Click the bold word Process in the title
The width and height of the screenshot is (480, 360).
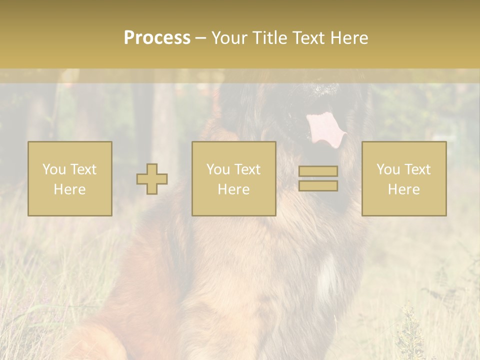(x=157, y=38)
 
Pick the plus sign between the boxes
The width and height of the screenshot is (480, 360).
(x=152, y=179)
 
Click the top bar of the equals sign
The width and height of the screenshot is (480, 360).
(x=318, y=171)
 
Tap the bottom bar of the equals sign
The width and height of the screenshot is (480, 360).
(x=318, y=186)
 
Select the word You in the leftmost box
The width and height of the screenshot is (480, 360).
(x=53, y=169)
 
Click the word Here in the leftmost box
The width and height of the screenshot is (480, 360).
(x=69, y=189)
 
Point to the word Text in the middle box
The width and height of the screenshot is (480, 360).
(x=247, y=169)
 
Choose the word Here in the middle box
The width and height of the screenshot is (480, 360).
(x=233, y=189)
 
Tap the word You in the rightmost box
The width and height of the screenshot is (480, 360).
(x=388, y=169)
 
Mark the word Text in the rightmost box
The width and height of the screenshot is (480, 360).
(x=417, y=169)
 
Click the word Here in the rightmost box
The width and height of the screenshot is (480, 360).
(x=403, y=189)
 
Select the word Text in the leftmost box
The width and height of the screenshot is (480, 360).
(x=83, y=169)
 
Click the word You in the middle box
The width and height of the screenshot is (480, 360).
(x=218, y=169)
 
